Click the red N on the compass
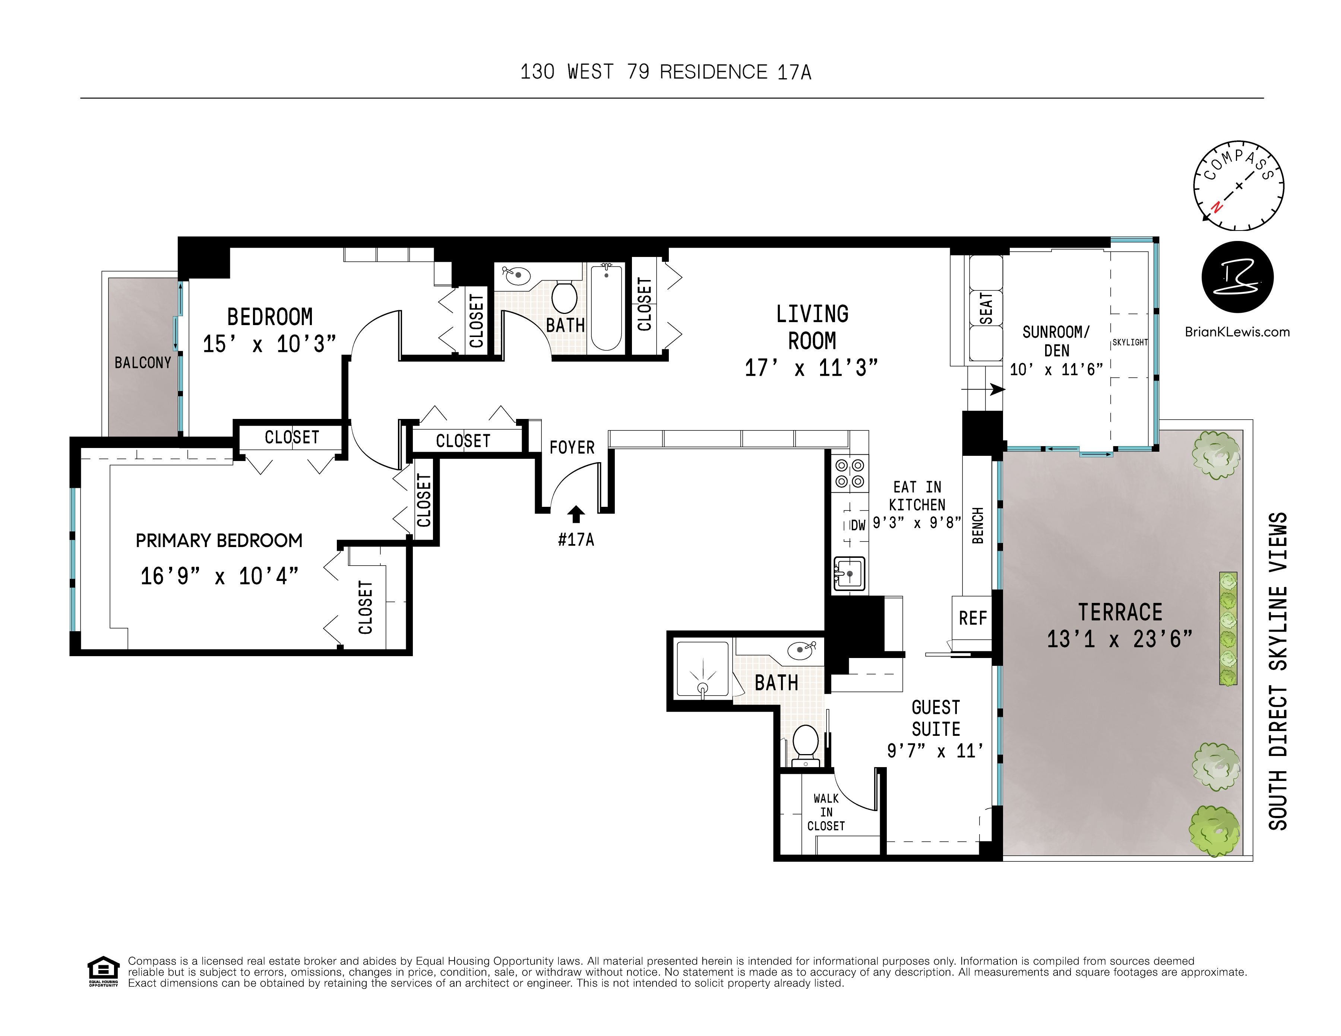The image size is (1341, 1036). [x=1216, y=207]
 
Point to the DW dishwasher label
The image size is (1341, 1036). [x=858, y=525]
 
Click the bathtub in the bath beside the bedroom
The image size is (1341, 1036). [x=606, y=307]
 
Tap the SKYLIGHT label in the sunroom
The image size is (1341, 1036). [x=1130, y=343]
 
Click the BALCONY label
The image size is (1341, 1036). [x=142, y=363]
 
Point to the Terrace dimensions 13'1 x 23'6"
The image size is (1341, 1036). [x=1119, y=639]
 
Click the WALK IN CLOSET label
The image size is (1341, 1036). [x=826, y=812]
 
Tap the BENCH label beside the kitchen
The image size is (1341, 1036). [x=977, y=525]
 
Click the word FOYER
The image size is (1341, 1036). [x=572, y=447]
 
